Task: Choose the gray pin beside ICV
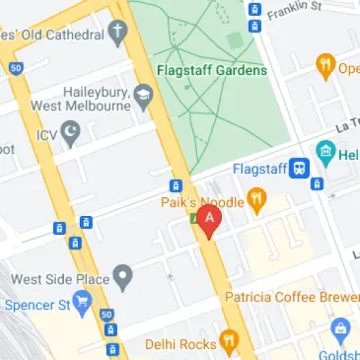[x=70, y=131]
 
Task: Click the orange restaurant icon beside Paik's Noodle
[x=257, y=200]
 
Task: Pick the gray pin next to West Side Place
[x=123, y=277]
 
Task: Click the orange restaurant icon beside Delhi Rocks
[x=231, y=342]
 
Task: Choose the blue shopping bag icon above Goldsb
[x=341, y=329]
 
